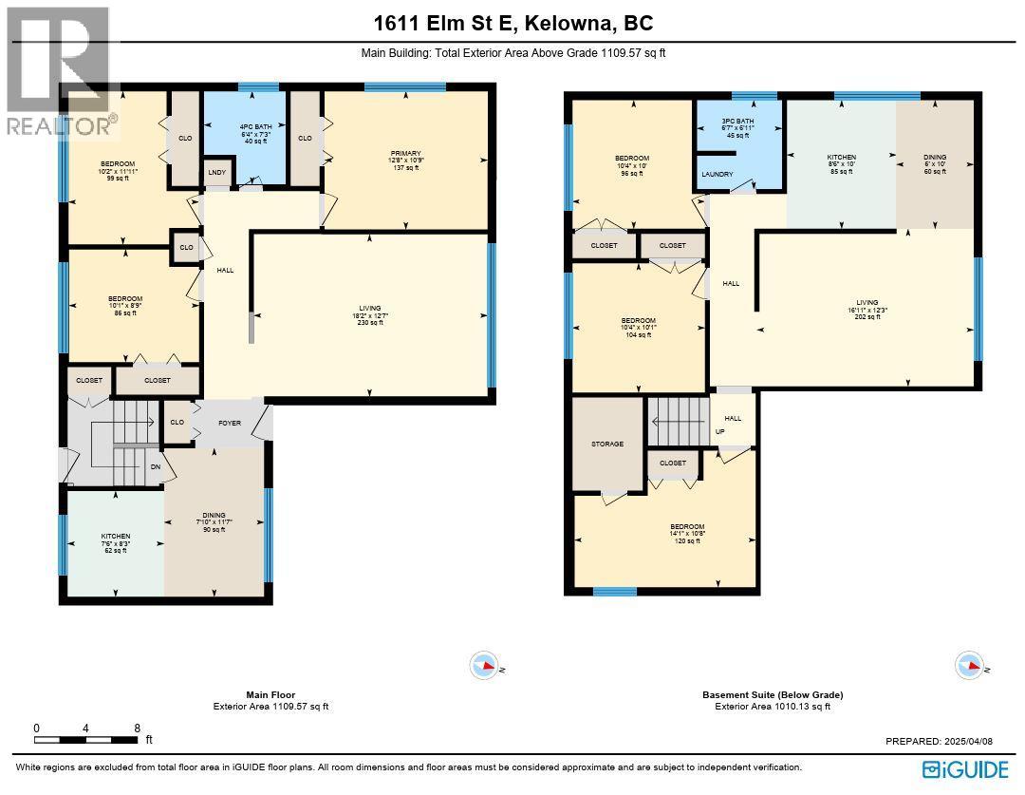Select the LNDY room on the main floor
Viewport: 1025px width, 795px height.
pyautogui.click(x=216, y=175)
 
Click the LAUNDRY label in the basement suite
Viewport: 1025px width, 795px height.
pyautogui.click(x=718, y=175)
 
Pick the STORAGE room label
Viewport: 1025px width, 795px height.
pyautogui.click(x=607, y=444)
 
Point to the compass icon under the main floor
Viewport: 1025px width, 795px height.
pyautogui.click(x=484, y=667)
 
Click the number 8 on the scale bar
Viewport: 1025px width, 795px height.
pyautogui.click(x=138, y=729)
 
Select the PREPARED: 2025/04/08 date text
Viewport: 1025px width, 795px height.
pyautogui.click(x=940, y=741)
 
